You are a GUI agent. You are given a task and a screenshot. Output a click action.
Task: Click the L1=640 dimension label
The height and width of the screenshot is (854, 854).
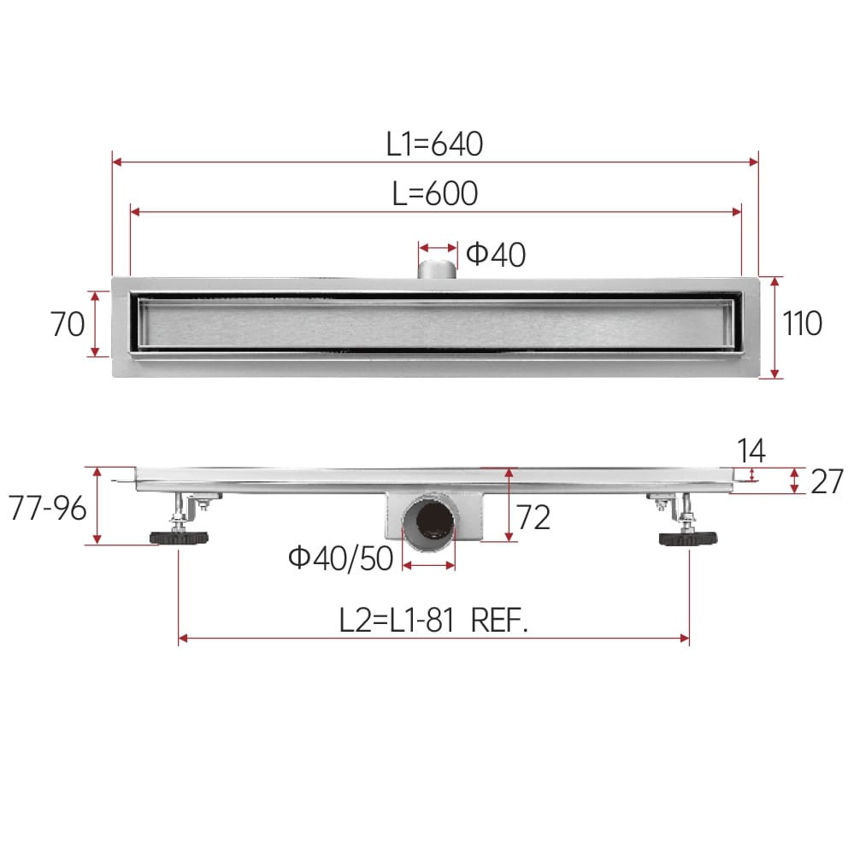(x=434, y=144)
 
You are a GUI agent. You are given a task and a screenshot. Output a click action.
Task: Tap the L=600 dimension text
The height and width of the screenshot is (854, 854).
(x=435, y=193)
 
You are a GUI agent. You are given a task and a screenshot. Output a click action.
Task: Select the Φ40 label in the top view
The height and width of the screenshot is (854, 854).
(x=496, y=255)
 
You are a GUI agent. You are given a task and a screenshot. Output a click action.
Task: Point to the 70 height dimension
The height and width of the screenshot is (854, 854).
(x=68, y=324)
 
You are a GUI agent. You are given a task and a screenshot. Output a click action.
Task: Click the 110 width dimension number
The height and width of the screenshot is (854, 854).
(x=802, y=323)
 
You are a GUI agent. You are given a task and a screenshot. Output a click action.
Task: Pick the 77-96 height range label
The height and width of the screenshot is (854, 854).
(x=48, y=509)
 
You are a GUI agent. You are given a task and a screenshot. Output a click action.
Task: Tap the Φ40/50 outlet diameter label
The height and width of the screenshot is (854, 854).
(x=341, y=558)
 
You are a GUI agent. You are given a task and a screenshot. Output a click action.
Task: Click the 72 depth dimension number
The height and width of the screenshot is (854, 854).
(x=533, y=517)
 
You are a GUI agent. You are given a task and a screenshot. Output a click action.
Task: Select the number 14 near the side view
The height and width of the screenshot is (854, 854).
(x=751, y=451)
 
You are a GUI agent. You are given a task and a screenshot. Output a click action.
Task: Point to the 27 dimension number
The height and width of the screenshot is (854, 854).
(x=827, y=481)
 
